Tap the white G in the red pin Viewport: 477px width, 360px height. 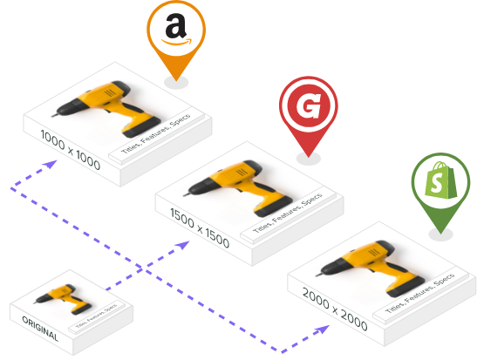click(x=309, y=105)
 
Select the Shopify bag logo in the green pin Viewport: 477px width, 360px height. click(x=440, y=180)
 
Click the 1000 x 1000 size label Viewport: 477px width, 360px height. click(x=71, y=150)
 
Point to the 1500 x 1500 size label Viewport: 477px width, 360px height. click(x=200, y=228)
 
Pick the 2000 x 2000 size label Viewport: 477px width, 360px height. click(x=335, y=309)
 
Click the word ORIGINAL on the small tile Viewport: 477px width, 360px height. click(x=40, y=329)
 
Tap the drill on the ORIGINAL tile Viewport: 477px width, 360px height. click(x=63, y=299)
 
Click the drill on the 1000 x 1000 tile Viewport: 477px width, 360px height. click(x=106, y=109)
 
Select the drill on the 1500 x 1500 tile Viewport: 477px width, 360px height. click(x=238, y=188)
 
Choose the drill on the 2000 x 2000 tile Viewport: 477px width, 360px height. click(x=370, y=268)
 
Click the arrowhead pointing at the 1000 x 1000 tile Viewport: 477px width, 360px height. click(x=51, y=164)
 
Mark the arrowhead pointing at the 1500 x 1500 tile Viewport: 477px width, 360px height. click(x=183, y=245)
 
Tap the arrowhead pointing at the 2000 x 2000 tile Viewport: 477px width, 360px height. click(x=322, y=329)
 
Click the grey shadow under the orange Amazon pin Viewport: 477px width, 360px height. click(x=176, y=83)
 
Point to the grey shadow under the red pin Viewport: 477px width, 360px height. click(x=309, y=159)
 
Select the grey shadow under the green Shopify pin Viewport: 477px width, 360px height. click(x=440, y=234)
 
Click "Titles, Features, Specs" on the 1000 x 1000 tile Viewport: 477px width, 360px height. click(x=156, y=133)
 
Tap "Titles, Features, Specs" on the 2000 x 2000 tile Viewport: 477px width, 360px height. click(x=420, y=293)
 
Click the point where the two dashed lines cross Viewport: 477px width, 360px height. click(x=143, y=268)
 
